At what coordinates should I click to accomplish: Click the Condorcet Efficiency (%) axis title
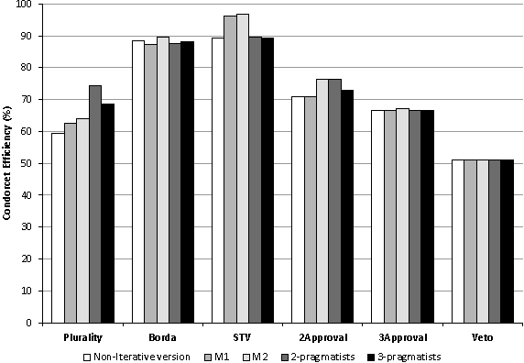[x=8, y=163]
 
